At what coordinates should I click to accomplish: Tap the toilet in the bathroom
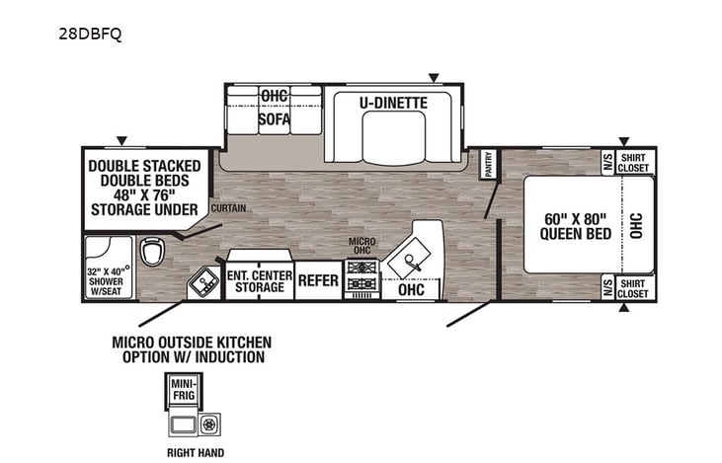152,254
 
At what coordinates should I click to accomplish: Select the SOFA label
274,119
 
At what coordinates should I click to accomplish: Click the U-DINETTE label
393,101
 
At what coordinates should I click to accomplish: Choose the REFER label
318,281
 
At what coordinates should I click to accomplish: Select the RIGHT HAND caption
194,453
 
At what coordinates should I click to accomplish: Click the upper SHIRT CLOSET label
632,162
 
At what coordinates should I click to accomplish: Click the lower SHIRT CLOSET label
632,287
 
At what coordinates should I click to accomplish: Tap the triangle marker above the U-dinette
432,77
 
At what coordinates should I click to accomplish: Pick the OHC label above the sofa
274,96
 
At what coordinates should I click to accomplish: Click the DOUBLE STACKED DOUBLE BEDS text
144,173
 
